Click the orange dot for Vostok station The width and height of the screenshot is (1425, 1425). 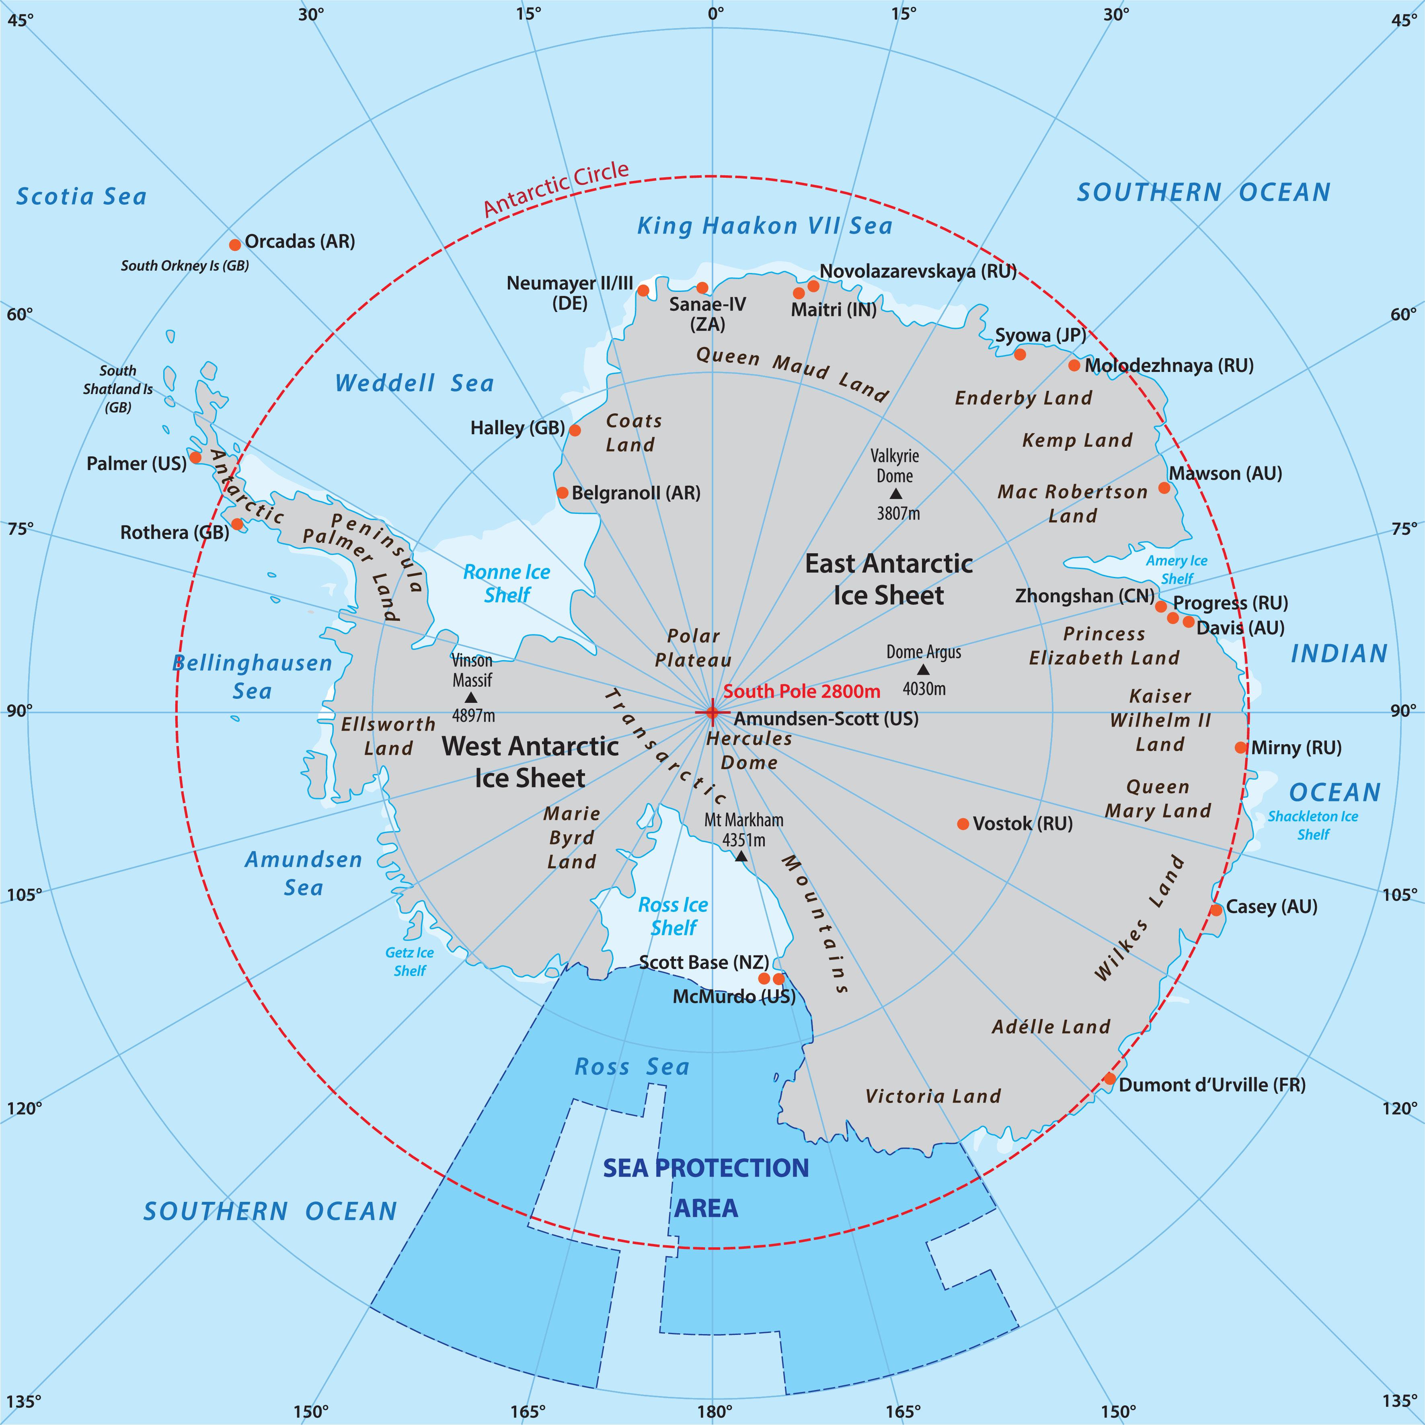(x=963, y=824)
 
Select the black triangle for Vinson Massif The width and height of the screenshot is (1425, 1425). (x=470, y=697)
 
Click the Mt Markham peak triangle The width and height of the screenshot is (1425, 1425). (x=741, y=856)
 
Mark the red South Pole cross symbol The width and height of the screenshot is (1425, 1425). (x=712, y=712)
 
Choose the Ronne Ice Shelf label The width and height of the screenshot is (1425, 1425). (x=507, y=583)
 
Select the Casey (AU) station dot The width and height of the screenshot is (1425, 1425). (x=1216, y=910)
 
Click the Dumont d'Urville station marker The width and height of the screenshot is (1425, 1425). (x=1109, y=1079)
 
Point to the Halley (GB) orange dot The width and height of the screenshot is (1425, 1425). (x=575, y=430)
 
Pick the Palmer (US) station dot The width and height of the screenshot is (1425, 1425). (x=195, y=457)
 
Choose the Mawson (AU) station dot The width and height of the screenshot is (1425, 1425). (x=1164, y=488)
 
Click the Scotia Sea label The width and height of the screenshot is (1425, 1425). (x=81, y=196)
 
